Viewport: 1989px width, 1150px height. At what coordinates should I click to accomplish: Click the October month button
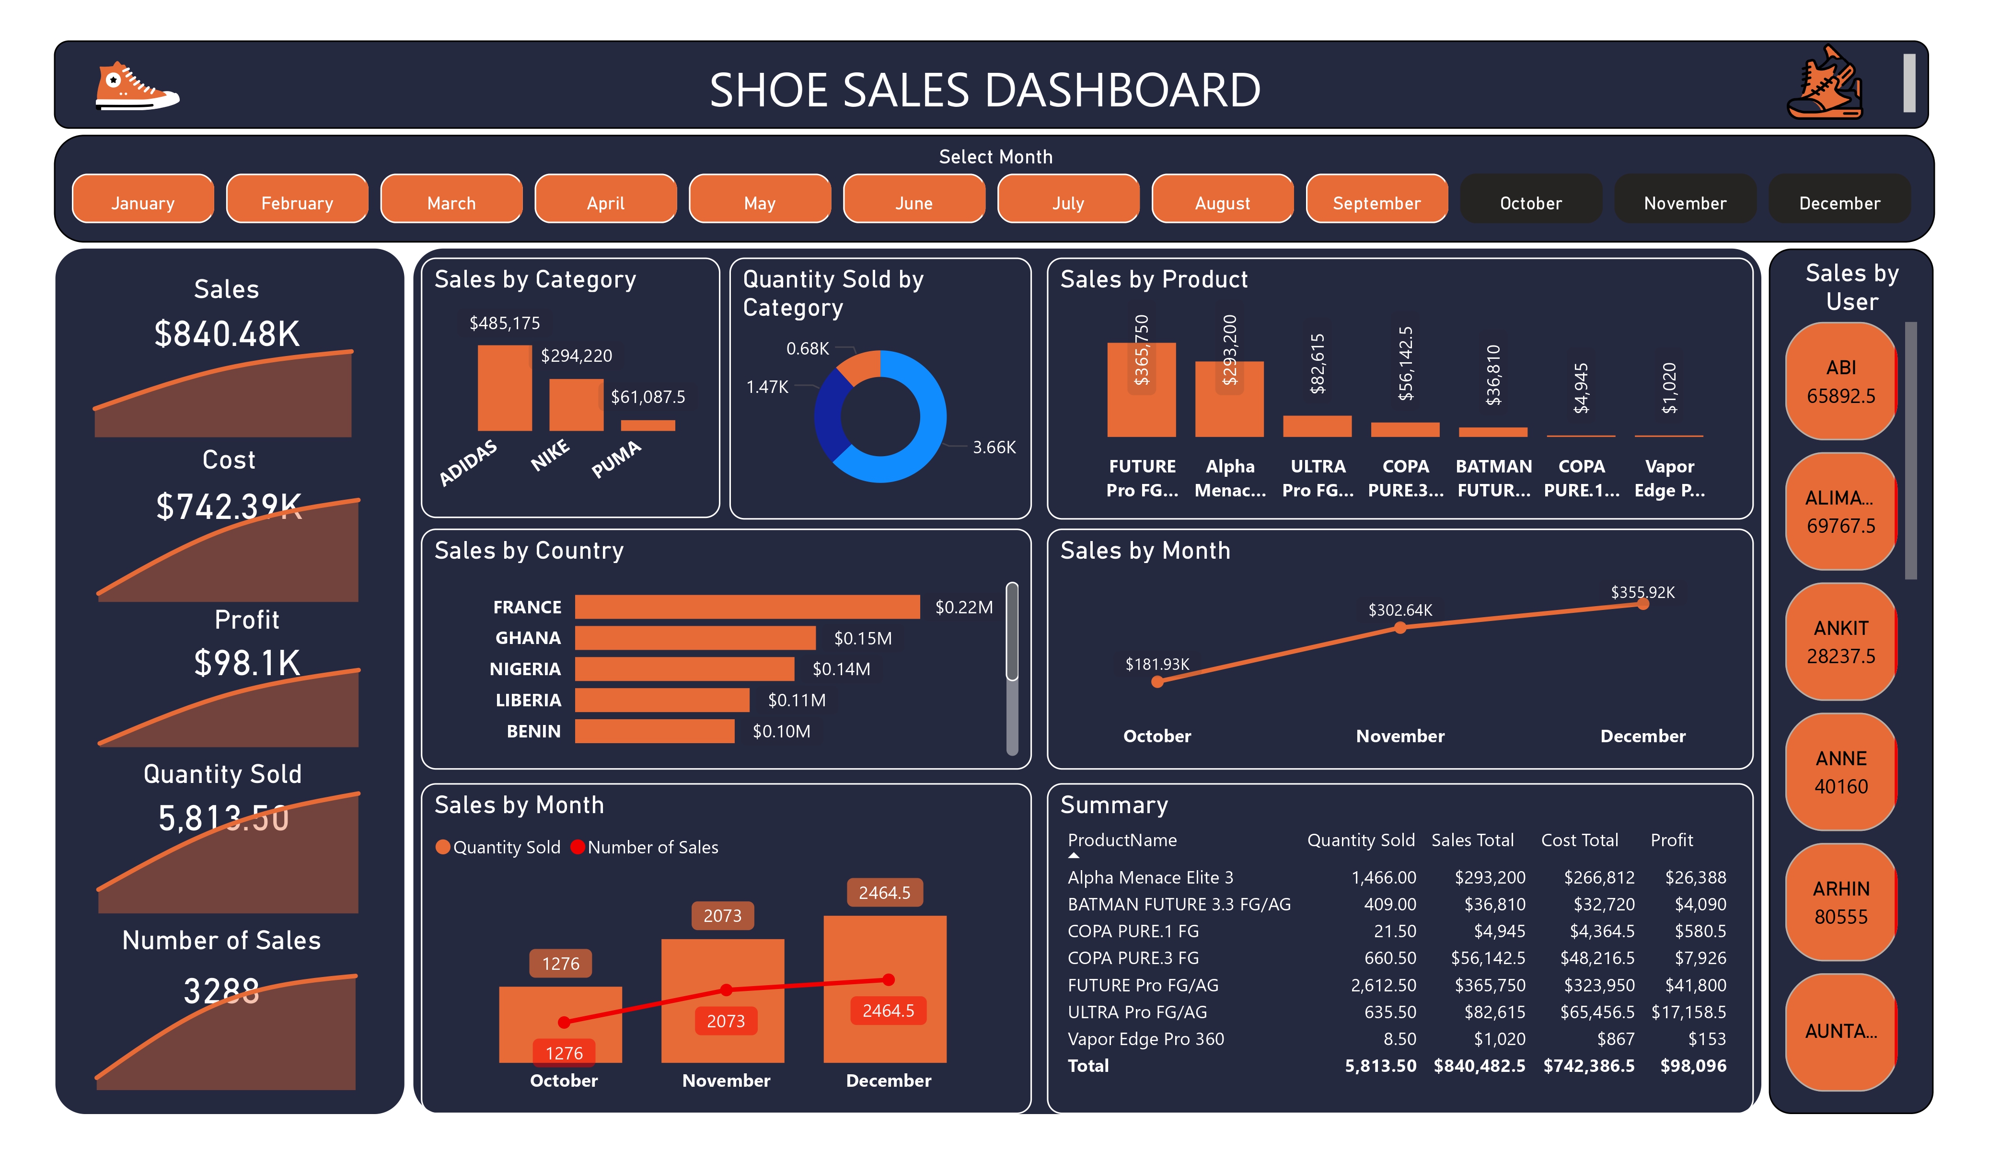[1530, 203]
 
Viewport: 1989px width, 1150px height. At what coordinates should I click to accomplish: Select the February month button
[297, 203]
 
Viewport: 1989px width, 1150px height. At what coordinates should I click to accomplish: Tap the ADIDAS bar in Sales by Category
[504, 388]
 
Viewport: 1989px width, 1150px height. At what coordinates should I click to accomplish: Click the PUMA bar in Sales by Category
[648, 425]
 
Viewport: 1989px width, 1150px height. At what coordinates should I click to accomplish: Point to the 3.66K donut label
[994, 448]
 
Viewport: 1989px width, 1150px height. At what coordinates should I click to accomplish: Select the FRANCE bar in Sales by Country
[747, 607]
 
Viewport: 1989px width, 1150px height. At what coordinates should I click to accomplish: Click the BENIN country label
[533, 732]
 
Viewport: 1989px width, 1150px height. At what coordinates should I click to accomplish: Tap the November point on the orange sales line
[1399, 628]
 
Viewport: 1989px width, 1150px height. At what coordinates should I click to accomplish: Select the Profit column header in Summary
[1671, 840]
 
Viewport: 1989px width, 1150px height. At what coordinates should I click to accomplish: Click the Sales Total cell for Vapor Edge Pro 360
[1499, 1039]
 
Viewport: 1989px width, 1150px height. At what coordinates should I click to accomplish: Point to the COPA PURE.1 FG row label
[1133, 931]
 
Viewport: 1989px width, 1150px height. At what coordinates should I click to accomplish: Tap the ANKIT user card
[1840, 642]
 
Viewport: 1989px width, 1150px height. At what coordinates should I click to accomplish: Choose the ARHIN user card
[1840, 902]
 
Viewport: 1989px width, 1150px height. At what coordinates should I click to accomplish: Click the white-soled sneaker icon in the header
[137, 87]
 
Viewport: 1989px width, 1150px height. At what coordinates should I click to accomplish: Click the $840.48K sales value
[227, 334]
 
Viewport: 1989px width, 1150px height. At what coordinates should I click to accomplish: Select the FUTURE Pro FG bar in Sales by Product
[1141, 390]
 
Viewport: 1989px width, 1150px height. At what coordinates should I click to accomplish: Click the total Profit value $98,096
[1692, 1066]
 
